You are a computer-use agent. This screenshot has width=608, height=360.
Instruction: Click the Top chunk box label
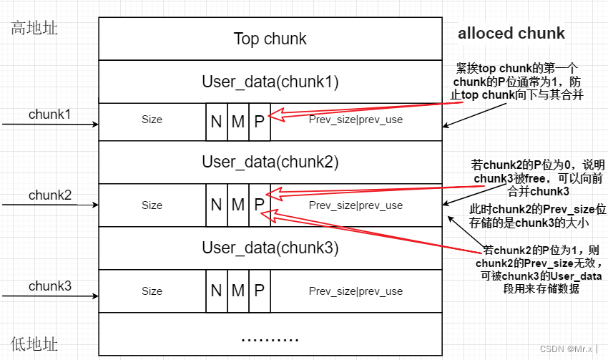[270, 39]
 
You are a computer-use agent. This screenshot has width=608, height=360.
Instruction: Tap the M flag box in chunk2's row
[238, 205]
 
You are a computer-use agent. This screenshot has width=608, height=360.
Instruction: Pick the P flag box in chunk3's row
[260, 291]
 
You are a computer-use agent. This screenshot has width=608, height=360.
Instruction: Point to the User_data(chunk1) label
[270, 82]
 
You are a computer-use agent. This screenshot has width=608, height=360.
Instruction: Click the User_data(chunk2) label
[270, 162]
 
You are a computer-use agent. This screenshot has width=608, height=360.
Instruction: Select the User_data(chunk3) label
[270, 248]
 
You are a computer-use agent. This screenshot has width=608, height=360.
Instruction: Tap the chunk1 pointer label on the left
[50, 114]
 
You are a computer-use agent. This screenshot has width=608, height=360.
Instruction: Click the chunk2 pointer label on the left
[50, 195]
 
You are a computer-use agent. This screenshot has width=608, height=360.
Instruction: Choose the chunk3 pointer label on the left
[50, 286]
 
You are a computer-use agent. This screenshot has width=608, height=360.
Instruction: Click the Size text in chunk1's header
[152, 120]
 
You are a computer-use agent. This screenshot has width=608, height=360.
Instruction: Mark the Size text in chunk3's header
[152, 291]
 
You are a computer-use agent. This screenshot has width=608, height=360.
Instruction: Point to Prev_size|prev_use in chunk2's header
[356, 205]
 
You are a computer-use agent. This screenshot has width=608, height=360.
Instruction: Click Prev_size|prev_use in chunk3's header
[356, 291]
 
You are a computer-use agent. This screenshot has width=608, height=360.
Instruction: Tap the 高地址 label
[34, 29]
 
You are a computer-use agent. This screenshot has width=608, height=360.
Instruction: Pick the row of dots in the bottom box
[270, 339]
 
